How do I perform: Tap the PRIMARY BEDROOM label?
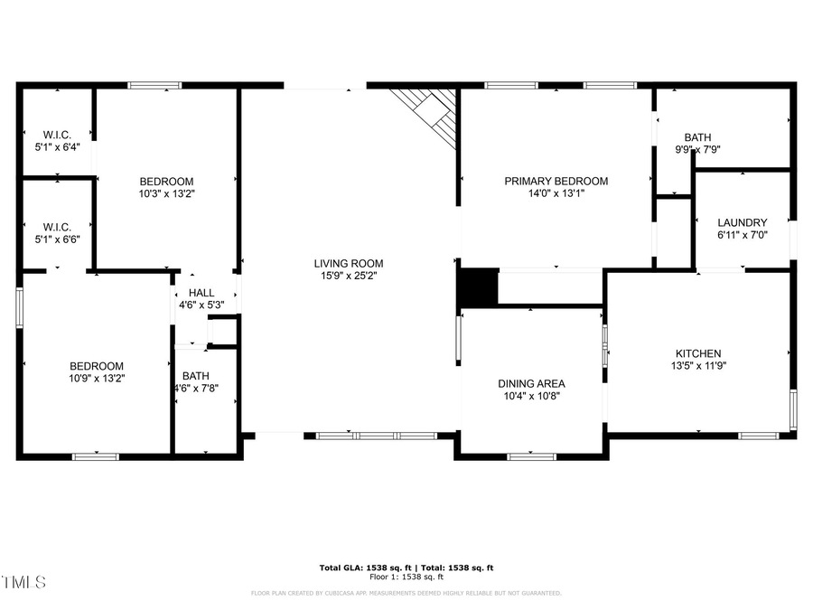(x=556, y=181)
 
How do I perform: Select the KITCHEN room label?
(x=698, y=353)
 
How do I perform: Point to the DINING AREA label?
(x=532, y=383)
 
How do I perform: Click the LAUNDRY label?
(x=742, y=222)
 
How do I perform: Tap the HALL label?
(x=201, y=293)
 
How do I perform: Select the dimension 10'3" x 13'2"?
(x=166, y=193)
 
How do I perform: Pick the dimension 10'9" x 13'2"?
(x=97, y=379)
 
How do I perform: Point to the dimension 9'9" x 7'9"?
(x=697, y=150)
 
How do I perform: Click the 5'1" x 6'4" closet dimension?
(x=57, y=147)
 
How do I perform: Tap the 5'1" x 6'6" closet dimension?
(x=57, y=239)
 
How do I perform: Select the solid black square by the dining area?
(x=479, y=286)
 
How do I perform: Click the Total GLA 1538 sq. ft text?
(x=406, y=568)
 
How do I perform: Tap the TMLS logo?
(x=23, y=582)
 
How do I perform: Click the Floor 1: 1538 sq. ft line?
(x=406, y=577)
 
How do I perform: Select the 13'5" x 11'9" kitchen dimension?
(x=698, y=366)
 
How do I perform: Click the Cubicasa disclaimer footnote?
(x=406, y=594)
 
